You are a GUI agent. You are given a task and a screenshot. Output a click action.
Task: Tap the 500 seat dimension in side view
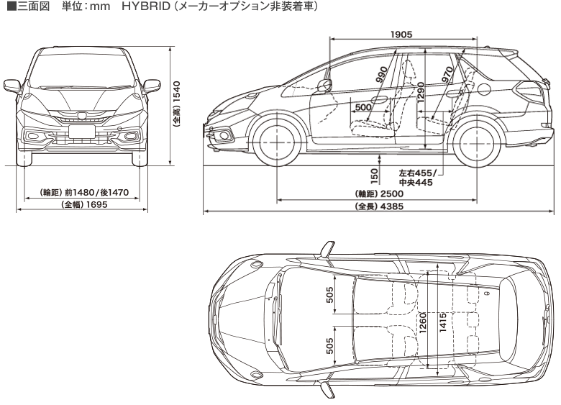(364, 106)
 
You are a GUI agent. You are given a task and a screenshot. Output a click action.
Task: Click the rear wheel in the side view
(478, 141)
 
